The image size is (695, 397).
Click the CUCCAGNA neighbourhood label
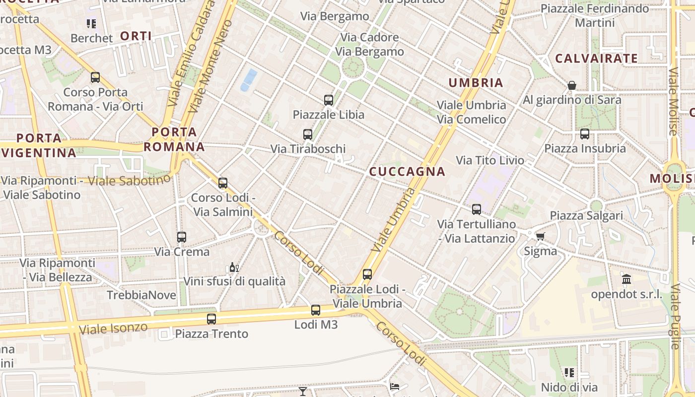click(407, 172)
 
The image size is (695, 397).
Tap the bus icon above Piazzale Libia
click(329, 100)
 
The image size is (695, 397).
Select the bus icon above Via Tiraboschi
click(308, 134)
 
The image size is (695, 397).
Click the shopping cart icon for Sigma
click(541, 236)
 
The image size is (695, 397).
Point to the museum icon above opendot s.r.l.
click(626, 279)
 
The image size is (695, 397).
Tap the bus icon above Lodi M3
click(316, 311)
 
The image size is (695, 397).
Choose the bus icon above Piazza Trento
click(211, 319)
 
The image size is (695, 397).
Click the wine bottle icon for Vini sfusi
click(234, 267)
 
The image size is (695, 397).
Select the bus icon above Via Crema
click(182, 237)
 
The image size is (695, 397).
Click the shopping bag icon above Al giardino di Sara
click(572, 85)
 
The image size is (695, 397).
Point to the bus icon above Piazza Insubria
click(585, 134)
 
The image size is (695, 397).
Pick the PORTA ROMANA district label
click(174, 139)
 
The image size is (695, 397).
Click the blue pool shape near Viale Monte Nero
click(249, 80)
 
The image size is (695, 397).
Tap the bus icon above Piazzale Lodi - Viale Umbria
click(367, 274)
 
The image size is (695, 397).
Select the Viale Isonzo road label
click(113, 328)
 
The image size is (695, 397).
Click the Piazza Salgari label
click(586, 216)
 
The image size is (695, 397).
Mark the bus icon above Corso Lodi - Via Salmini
click(223, 183)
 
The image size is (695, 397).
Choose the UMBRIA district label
click(476, 83)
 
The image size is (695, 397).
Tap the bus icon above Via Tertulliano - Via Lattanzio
click(477, 209)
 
